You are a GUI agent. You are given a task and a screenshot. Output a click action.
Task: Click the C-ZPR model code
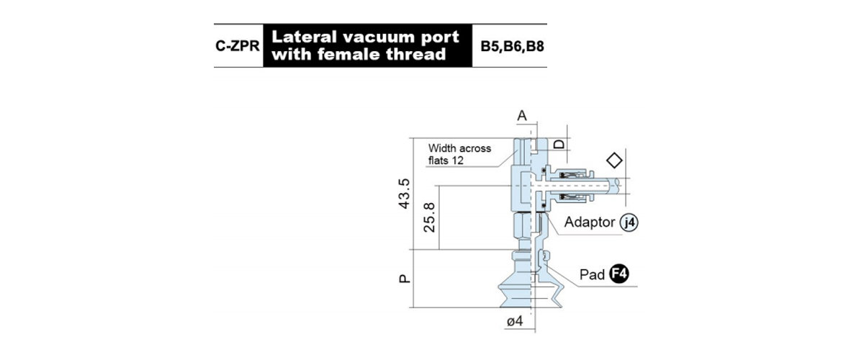(238, 46)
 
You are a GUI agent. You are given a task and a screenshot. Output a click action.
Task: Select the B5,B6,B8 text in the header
(512, 46)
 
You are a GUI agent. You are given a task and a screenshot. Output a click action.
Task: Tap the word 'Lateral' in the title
(305, 37)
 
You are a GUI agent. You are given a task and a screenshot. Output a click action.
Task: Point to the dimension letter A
(522, 115)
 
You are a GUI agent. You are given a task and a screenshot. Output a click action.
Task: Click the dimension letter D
(559, 144)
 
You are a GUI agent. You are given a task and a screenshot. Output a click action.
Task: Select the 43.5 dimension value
(404, 194)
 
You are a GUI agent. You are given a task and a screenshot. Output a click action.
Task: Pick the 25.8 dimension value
(429, 217)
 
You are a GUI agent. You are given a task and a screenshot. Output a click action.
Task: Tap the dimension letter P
(404, 279)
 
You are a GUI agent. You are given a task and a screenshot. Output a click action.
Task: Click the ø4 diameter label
(515, 321)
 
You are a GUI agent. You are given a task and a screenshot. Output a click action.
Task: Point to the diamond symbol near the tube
(614, 160)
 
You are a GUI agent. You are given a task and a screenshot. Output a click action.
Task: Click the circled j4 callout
(629, 222)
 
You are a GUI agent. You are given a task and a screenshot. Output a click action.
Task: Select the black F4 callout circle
(619, 274)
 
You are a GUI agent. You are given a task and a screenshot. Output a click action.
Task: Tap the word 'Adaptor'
(590, 222)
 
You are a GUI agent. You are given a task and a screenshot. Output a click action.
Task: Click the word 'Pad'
(592, 275)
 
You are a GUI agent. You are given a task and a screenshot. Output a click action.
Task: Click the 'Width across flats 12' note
(459, 154)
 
